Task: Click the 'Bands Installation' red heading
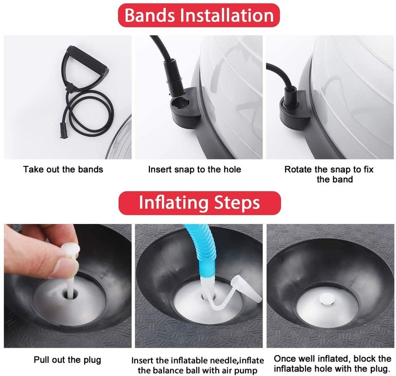point(199,15)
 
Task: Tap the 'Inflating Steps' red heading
point(199,203)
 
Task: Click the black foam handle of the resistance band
point(87,59)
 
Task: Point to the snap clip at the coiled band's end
point(64,130)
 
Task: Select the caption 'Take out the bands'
point(63,169)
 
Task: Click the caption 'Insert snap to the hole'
point(195,169)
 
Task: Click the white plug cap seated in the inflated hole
point(327,300)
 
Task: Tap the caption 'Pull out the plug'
point(67,360)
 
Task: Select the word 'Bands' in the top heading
point(149,15)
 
